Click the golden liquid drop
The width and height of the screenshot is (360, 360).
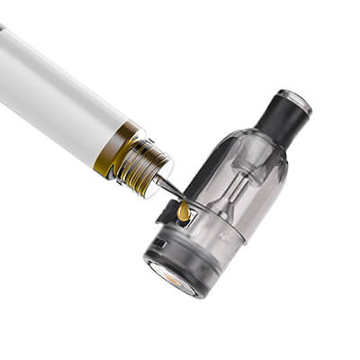pos(184,211)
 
